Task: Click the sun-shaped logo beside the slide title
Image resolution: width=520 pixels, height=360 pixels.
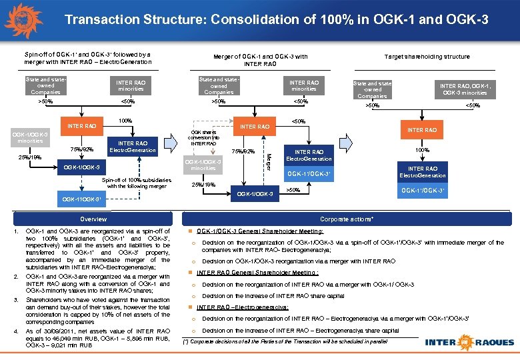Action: pos(25,19)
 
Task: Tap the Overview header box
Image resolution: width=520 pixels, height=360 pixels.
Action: pos(93,219)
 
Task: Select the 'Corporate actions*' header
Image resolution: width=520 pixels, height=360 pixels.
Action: pos(347,219)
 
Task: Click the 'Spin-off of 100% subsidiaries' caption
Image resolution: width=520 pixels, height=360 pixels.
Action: pos(137,183)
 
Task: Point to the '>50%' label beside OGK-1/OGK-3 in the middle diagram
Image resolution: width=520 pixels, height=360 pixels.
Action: pos(293,190)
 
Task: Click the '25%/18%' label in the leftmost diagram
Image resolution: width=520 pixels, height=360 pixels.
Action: pos(29,158)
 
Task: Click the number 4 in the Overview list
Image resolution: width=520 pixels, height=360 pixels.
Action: pos(14,331)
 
